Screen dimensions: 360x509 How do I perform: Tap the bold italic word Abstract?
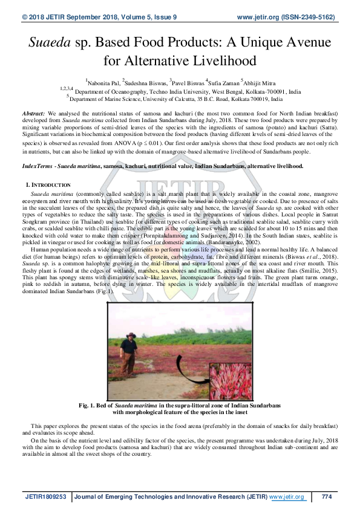33,114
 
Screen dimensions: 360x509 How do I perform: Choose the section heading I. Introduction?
48,184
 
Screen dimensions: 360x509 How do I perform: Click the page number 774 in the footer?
327,497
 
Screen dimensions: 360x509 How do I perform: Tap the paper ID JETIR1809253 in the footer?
46,497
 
